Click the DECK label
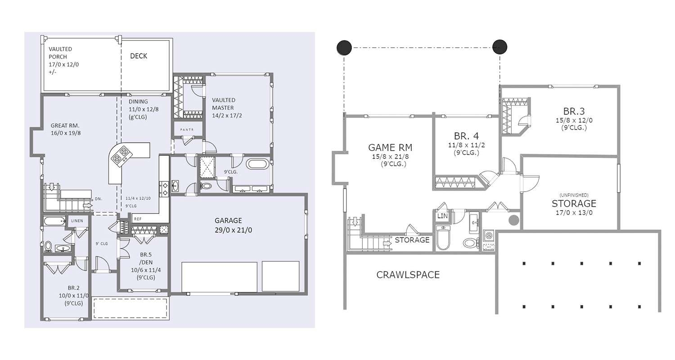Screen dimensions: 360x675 coord(139,56)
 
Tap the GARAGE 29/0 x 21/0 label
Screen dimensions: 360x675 coord(234,225)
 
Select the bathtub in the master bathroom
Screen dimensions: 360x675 coord(257,163)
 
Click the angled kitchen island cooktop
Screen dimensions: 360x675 coord(121,156)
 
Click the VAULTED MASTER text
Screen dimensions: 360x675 coord(224,104)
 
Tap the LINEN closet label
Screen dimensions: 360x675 coord(77,221)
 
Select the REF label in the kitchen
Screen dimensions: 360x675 coord(138,219)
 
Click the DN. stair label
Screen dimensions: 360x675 coord(99,198)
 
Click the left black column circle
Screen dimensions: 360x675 coord(344,47)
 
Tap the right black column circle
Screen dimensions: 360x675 coord(499,47)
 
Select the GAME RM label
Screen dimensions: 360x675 coord(390,148)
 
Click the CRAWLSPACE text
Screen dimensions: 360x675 coord(408,274)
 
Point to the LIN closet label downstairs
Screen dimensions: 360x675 coord(442,216)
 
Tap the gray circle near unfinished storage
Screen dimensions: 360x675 coord(514,220)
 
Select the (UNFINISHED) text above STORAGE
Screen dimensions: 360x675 coord(574,195)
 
